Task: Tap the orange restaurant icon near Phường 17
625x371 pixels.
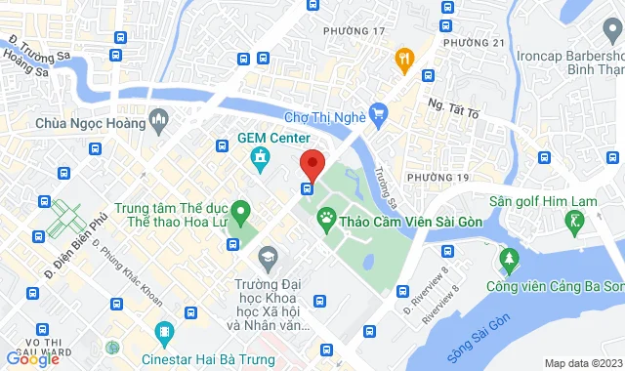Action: pos(402,60)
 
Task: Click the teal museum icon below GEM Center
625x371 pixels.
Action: pos(260,157)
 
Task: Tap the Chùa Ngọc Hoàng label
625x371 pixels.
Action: pos(90,123)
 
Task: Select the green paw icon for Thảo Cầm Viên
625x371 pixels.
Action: pos(327,222)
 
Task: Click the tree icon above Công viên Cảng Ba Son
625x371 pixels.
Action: pos(508,259)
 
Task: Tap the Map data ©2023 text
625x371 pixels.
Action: pos(582,363)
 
